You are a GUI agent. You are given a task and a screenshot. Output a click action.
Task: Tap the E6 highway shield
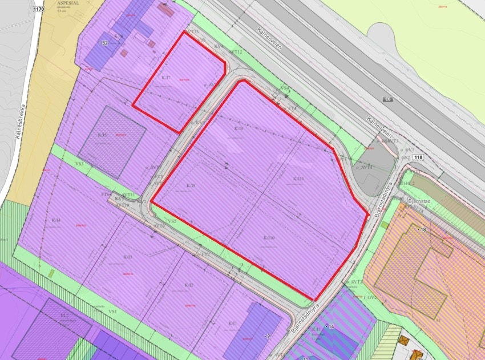pos(388,100)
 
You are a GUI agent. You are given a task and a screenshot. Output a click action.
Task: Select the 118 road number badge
pos(418,157)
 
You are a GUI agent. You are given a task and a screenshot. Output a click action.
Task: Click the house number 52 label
pos(104,43)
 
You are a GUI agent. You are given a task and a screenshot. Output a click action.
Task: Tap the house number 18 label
pos(422,229)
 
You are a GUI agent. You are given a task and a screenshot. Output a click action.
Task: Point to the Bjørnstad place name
pos(421,201)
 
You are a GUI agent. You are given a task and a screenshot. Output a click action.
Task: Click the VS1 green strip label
pos(113,312)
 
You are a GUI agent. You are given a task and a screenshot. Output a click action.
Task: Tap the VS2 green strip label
pos(172,220)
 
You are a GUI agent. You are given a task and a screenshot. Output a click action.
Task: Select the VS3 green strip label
pos(80,164)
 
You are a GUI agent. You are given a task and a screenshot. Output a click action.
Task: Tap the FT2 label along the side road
pos(205,254)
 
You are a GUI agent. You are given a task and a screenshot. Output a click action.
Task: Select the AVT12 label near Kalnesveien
pos(236,52)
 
